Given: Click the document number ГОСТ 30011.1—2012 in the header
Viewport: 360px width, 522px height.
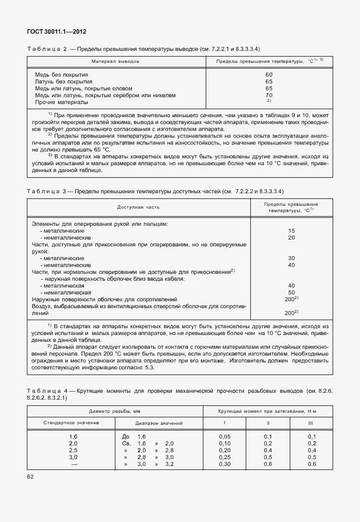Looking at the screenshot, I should [56, 31].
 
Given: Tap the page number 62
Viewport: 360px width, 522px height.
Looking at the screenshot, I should [30, 476].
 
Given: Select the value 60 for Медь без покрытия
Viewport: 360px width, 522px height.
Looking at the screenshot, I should [269, 75].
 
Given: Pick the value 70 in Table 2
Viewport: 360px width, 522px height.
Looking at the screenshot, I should [269, 95].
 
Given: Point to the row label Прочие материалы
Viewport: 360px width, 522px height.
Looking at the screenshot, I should [62, 102].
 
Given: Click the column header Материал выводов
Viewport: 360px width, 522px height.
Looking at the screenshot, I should [117, 61].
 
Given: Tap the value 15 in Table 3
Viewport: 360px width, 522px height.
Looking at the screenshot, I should [291, 230].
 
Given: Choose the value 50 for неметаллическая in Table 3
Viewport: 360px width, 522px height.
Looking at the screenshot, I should [291, 292].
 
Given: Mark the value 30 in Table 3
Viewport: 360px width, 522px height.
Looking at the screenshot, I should [291, 258].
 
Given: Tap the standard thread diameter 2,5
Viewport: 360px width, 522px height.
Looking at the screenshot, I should [73, 450].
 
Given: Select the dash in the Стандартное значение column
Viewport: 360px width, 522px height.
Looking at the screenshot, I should [73, 464].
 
